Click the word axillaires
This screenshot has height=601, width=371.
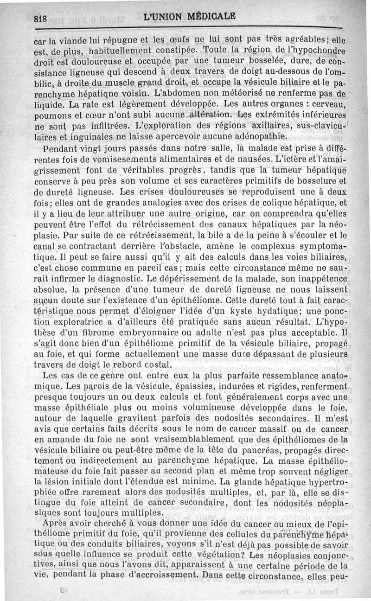(268, 127)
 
